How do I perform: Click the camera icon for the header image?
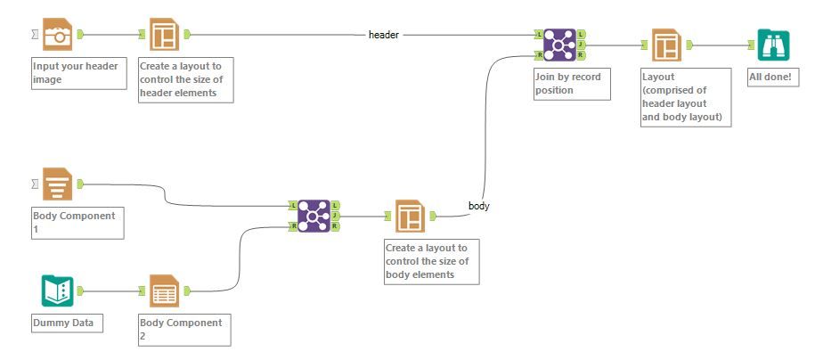[58, 35]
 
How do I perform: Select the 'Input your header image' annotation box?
[78, 72]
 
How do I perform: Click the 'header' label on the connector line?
[383, 35]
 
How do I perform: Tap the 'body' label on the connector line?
[478, 206]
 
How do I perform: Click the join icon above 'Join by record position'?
[560, 44]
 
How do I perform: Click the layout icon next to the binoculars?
[666, 44]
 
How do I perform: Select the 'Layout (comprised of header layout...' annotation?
[686, 97]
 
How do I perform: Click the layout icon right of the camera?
[165, 35]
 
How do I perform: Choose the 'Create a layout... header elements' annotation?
[186, 79]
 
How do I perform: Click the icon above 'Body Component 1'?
[58, 184]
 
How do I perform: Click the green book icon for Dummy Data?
[56, 290]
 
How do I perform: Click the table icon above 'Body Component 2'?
[165, 290]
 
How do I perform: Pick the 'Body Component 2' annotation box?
[184, 329]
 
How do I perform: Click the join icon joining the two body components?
[314, 215]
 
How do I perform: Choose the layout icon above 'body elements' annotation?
[410, 215]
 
